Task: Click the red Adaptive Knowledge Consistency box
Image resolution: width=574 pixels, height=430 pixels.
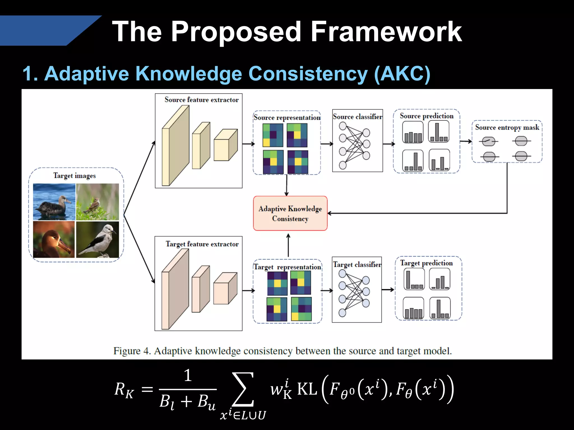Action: pos(290,213)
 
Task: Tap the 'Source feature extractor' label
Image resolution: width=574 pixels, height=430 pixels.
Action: pos(202,100)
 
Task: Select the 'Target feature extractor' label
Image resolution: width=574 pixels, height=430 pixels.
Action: pos(202,244)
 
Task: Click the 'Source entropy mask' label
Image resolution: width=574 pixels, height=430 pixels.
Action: pos(507,127)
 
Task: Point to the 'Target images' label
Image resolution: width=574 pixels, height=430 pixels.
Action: pos(75,176)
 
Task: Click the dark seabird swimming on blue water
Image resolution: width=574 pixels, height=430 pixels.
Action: pos(54,202)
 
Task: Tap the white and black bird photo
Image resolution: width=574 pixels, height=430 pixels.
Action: pos(98,240)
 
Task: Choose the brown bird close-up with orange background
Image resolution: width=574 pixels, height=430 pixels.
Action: pos(54,240)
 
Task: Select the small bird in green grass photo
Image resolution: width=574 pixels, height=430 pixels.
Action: pos(98,202)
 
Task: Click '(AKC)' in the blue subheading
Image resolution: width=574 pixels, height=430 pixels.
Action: pos(402,74)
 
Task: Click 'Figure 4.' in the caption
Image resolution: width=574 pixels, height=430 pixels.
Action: pos(132,351)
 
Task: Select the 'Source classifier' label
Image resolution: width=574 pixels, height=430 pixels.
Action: pos(357,116)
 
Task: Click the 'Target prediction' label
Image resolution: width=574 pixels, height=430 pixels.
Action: pos(426,263)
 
